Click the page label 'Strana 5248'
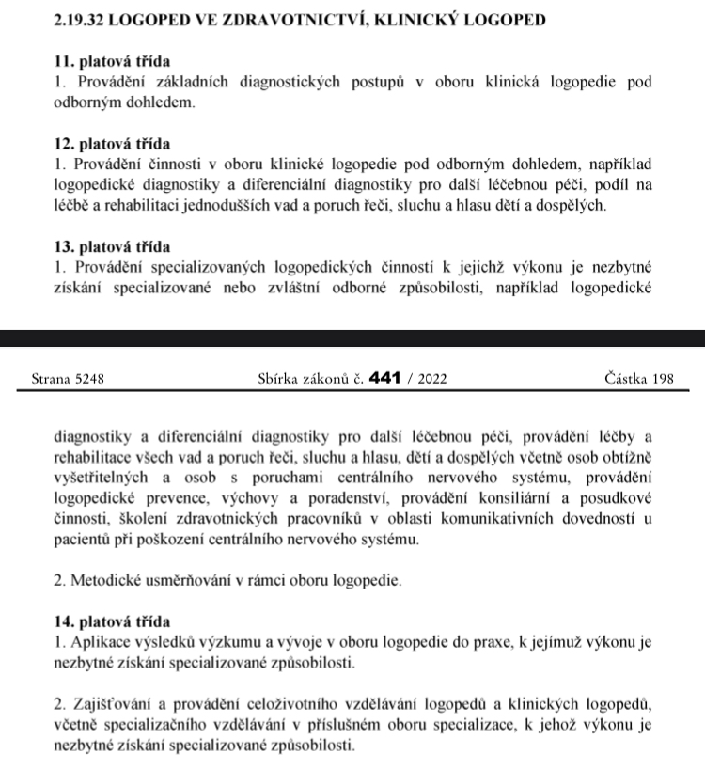tap(67, 379)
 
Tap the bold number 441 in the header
tap(385, 379)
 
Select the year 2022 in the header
tap(430, 379)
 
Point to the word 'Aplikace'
tap(101, 642)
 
